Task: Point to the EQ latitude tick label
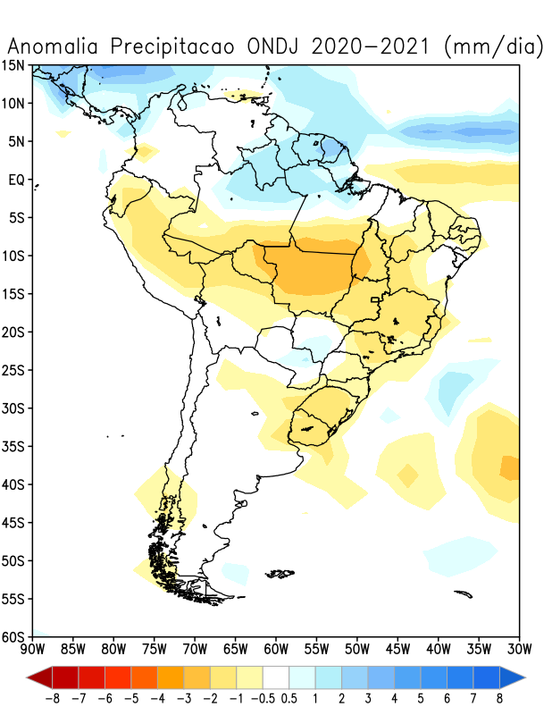pos(16,180)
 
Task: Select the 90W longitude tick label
pos(32,648)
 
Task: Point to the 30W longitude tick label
pos(519,648)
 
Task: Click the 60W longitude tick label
pos(276,648)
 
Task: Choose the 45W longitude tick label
pos(397,648)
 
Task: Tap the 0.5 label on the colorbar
pos(290,697)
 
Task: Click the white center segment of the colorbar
pos(276,676)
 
